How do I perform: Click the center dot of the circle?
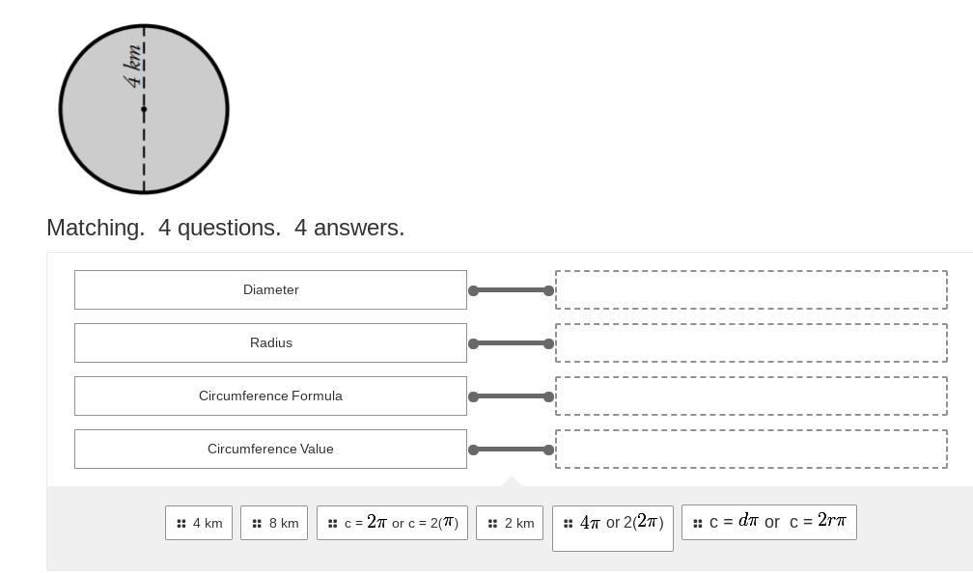[144, 109]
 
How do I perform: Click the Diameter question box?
[270, 289]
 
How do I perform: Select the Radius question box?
[270, 342]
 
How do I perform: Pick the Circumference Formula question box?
[270, 396]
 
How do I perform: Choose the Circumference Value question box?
[270, 449]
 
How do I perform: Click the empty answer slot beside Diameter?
[751, 289]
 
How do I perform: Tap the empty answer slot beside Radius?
[751, 342]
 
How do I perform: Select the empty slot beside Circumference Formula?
[751, 396]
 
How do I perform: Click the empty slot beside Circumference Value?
[751, 449]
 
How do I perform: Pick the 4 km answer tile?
[199, 523]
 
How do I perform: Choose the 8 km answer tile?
[274, 523]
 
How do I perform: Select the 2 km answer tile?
[510, 523]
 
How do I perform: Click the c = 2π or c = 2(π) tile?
[392, 523]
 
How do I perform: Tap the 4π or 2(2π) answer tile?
[613, 524]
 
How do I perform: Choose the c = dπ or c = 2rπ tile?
[769, 522]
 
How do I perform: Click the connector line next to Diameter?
[511, 290]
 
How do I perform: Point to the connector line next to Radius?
[511, 343]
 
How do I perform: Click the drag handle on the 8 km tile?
[257, 524]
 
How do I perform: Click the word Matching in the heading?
[96, 228]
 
